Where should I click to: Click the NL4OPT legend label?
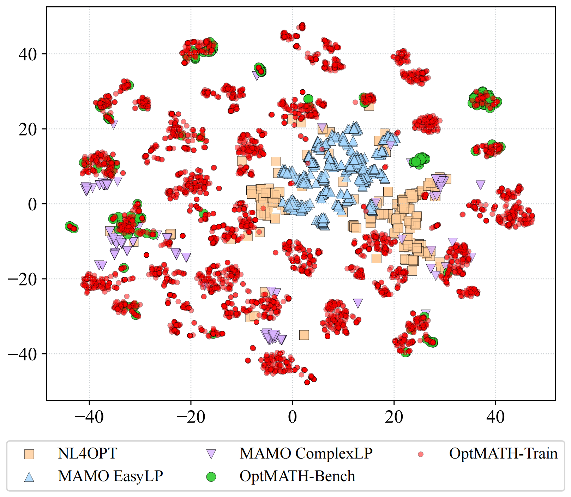(x=87, y=454)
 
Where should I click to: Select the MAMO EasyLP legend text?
(x=110, y=476)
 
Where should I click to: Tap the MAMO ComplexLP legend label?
(x=306, y=454)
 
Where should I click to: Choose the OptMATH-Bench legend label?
(x=297, y=476)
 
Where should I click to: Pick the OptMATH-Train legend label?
(x=503, y=454)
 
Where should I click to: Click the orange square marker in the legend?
(x=29, y=454)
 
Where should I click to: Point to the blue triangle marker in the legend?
(x=29, y=477)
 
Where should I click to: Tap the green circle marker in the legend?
(x=211, y=477)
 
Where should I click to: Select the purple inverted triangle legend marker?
(x=211, y=454)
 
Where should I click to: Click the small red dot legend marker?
(x=420, y=454)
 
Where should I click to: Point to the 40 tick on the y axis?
(x=28, y=54)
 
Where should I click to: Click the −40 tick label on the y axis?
(x=23, y=354)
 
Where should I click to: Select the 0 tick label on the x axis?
(x=292, y=417)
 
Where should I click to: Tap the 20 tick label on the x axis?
(x=394, y=417)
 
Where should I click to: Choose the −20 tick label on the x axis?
(x=191, y=417)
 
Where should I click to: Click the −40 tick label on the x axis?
(x=89, y=417)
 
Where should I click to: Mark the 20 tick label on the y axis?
(x=28, y=130)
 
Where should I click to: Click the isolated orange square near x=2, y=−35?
(x=304, y=335)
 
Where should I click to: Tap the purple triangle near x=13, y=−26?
(x=358, y=303)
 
